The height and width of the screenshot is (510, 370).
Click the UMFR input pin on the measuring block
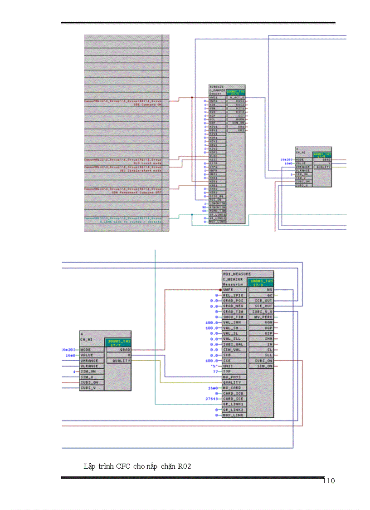[x=228, y=289]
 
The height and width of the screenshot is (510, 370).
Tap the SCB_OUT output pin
[x=263, y=301]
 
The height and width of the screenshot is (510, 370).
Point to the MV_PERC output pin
[x=263, y=317]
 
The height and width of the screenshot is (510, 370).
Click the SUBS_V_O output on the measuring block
[x=263, y=311]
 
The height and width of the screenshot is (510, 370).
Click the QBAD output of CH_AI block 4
[x=125, y=350]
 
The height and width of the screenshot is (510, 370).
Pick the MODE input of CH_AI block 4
[x=86, y=350]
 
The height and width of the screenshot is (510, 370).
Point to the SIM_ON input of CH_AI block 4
[x=88, y=371]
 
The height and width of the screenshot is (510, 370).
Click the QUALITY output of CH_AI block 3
[x=323, y=167]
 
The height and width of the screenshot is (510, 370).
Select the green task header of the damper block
[x=236, y=92]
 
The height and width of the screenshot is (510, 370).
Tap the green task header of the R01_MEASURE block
[x=261, y=282]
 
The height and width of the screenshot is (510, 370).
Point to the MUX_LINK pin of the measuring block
[x=233, y=415]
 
